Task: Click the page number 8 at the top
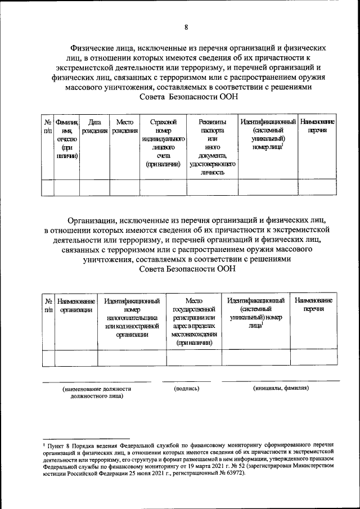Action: tap(186, 27)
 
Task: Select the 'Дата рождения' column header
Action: tap(94, 126)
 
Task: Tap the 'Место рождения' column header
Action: tap(124, 126)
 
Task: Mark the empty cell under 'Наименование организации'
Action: tap(76, 358)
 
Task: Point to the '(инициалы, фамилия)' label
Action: tap(280, 389)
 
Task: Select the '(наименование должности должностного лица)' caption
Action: tap(97, 392)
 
